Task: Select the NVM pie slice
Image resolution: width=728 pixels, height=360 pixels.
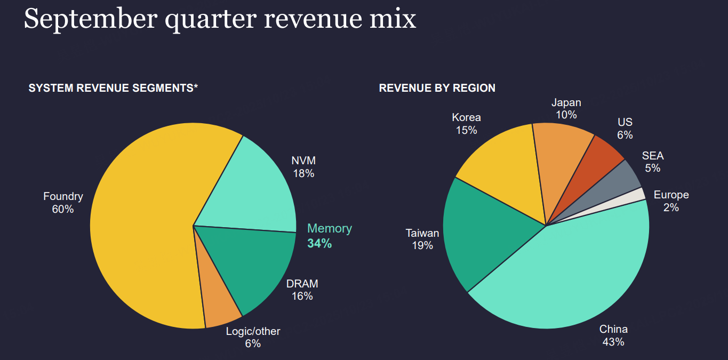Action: point(251,187)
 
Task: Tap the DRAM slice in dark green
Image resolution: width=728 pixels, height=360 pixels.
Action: point(251,267)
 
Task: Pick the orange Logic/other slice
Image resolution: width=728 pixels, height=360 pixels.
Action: point(216,307)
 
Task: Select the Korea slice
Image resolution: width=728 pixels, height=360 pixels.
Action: point(501,171)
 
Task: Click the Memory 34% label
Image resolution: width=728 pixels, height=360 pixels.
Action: point(329,236)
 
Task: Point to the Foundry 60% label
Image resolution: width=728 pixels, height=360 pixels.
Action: point(63,203)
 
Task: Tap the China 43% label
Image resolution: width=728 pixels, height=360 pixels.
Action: point(613,335)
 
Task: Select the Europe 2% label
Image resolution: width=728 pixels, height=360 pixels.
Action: point(671,201)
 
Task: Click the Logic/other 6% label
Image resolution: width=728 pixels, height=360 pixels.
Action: point(253,338)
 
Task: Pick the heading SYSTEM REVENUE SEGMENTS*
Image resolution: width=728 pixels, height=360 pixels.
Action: point(113,88)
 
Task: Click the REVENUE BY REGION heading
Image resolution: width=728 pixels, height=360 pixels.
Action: point(437,88)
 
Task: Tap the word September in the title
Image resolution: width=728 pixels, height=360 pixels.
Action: point(90,19)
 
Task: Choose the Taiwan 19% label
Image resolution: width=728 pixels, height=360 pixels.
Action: point(422,239)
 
